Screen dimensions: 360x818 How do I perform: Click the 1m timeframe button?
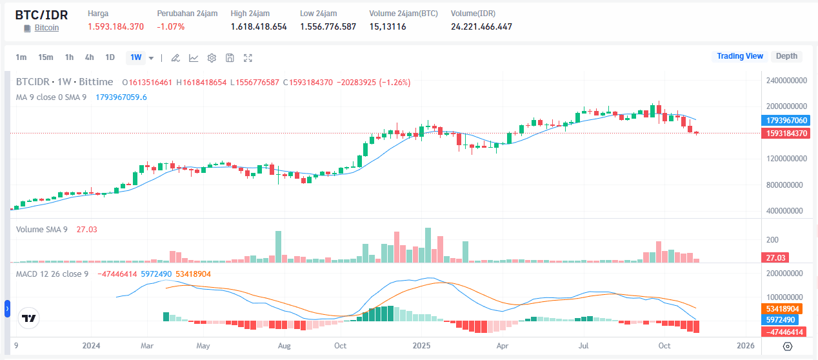pos(21,57)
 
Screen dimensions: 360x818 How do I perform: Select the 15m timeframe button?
pos(45,57)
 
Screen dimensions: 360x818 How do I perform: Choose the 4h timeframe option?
pos(89,57)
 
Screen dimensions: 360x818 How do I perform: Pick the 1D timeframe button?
pos(110,57)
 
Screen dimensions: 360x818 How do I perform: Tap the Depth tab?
pos(786,56)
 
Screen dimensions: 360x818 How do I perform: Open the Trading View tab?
pos(740,56)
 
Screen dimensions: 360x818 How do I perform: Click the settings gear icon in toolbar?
pos(212,58)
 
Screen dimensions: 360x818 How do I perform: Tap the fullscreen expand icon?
pos(248,58)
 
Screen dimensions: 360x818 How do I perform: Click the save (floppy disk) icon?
pos(230,58)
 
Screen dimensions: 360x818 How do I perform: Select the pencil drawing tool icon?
pos(175,58)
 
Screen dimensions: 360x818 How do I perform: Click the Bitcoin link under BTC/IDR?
pos(46,28)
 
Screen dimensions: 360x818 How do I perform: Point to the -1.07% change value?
pos(171,26)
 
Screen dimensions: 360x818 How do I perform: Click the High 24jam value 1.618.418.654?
pos(259,26)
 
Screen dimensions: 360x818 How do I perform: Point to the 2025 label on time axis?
pos(422,346)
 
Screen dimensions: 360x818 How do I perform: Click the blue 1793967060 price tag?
pos(786,121)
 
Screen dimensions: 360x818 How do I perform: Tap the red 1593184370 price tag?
pos(786,134)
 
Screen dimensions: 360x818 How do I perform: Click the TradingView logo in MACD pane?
pos(28,318)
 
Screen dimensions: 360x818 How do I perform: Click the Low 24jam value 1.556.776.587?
pos(328,26)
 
